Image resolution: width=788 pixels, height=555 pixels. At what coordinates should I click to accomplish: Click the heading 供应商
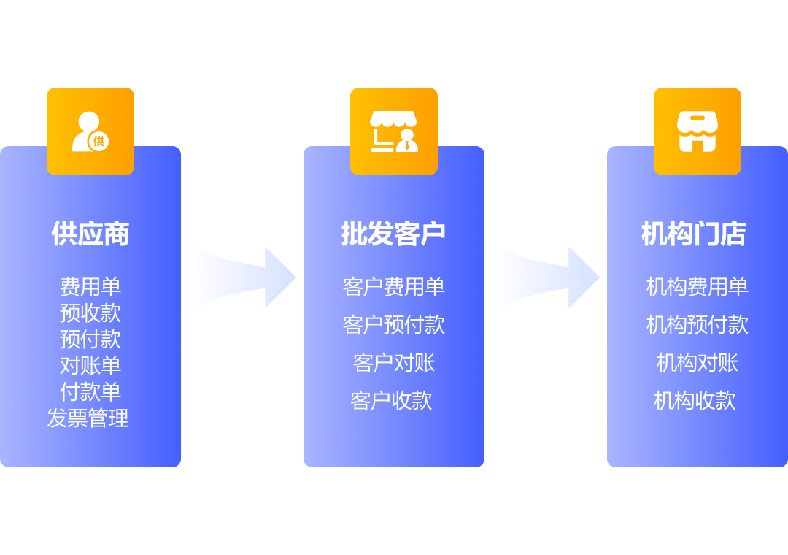click(x=90, y=234)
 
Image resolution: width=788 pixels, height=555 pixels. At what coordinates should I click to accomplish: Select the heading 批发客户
click(x=393, y=234)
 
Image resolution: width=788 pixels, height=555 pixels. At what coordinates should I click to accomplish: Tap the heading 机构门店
click(x=694, y=234)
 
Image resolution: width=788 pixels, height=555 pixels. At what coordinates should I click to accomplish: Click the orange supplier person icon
click(x=90, y=131)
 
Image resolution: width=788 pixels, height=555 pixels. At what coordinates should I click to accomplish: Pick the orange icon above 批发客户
click(x=394, y=131)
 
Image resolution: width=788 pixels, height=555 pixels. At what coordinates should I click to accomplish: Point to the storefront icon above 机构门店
click(x=698, y=131)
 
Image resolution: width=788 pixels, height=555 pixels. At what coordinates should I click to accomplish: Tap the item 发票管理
click(x=88, y=418)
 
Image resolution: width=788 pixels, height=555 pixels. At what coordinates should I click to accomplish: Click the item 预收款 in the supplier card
click(x=90, y=313)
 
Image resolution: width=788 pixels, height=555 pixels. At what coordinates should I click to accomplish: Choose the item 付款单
click(x=90, y=392)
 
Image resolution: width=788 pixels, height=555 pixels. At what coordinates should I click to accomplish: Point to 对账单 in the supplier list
click(x=90, y=366)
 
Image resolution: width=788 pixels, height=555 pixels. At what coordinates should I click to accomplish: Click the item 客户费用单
click(x=394, y=287)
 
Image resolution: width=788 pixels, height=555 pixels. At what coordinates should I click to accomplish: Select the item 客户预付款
click(x=394, y=325)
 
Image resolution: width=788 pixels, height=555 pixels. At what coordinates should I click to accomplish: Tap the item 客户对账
click(x=394, y=363)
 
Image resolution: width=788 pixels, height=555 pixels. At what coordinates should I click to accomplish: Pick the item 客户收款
click(x=392, y=401)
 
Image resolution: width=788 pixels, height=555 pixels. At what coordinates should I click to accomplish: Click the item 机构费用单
click(x=698, y=287)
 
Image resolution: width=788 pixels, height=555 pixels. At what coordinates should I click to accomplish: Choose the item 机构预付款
click(x=698, y=325)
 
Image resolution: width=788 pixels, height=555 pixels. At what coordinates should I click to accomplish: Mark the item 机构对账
click(x=698, y=363)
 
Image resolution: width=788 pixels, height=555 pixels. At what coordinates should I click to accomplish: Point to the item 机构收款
click(x=695, y=401)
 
